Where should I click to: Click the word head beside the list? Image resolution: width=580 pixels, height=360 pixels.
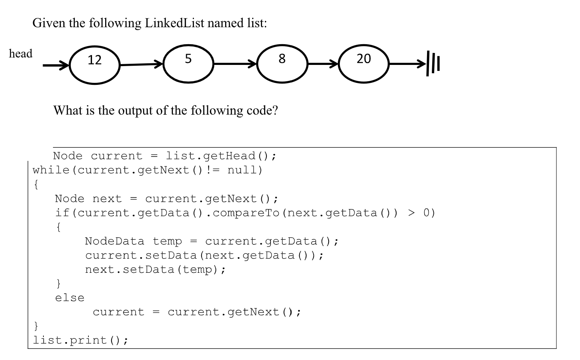21,53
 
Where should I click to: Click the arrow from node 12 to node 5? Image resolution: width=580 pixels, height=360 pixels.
141,64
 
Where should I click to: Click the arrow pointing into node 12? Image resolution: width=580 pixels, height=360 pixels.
56,65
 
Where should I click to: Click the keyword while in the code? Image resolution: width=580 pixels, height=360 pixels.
51,170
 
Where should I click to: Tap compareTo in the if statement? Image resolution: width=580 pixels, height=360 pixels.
246,213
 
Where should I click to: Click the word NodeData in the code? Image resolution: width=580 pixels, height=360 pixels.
115,241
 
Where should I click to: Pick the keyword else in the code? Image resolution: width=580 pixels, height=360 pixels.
70,298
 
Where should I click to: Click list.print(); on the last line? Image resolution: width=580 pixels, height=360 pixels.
80,340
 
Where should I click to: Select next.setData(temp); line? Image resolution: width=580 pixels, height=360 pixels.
155,270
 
